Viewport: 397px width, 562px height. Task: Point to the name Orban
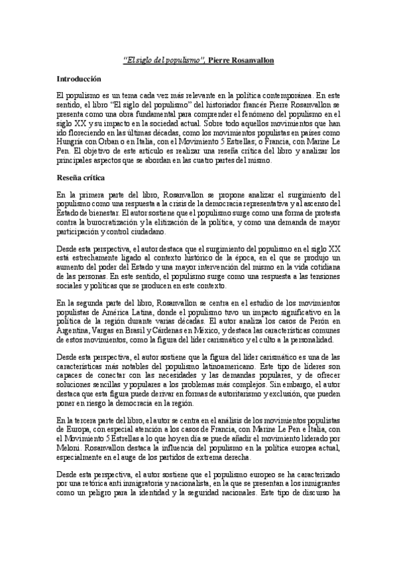click(x=108, y=132)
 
